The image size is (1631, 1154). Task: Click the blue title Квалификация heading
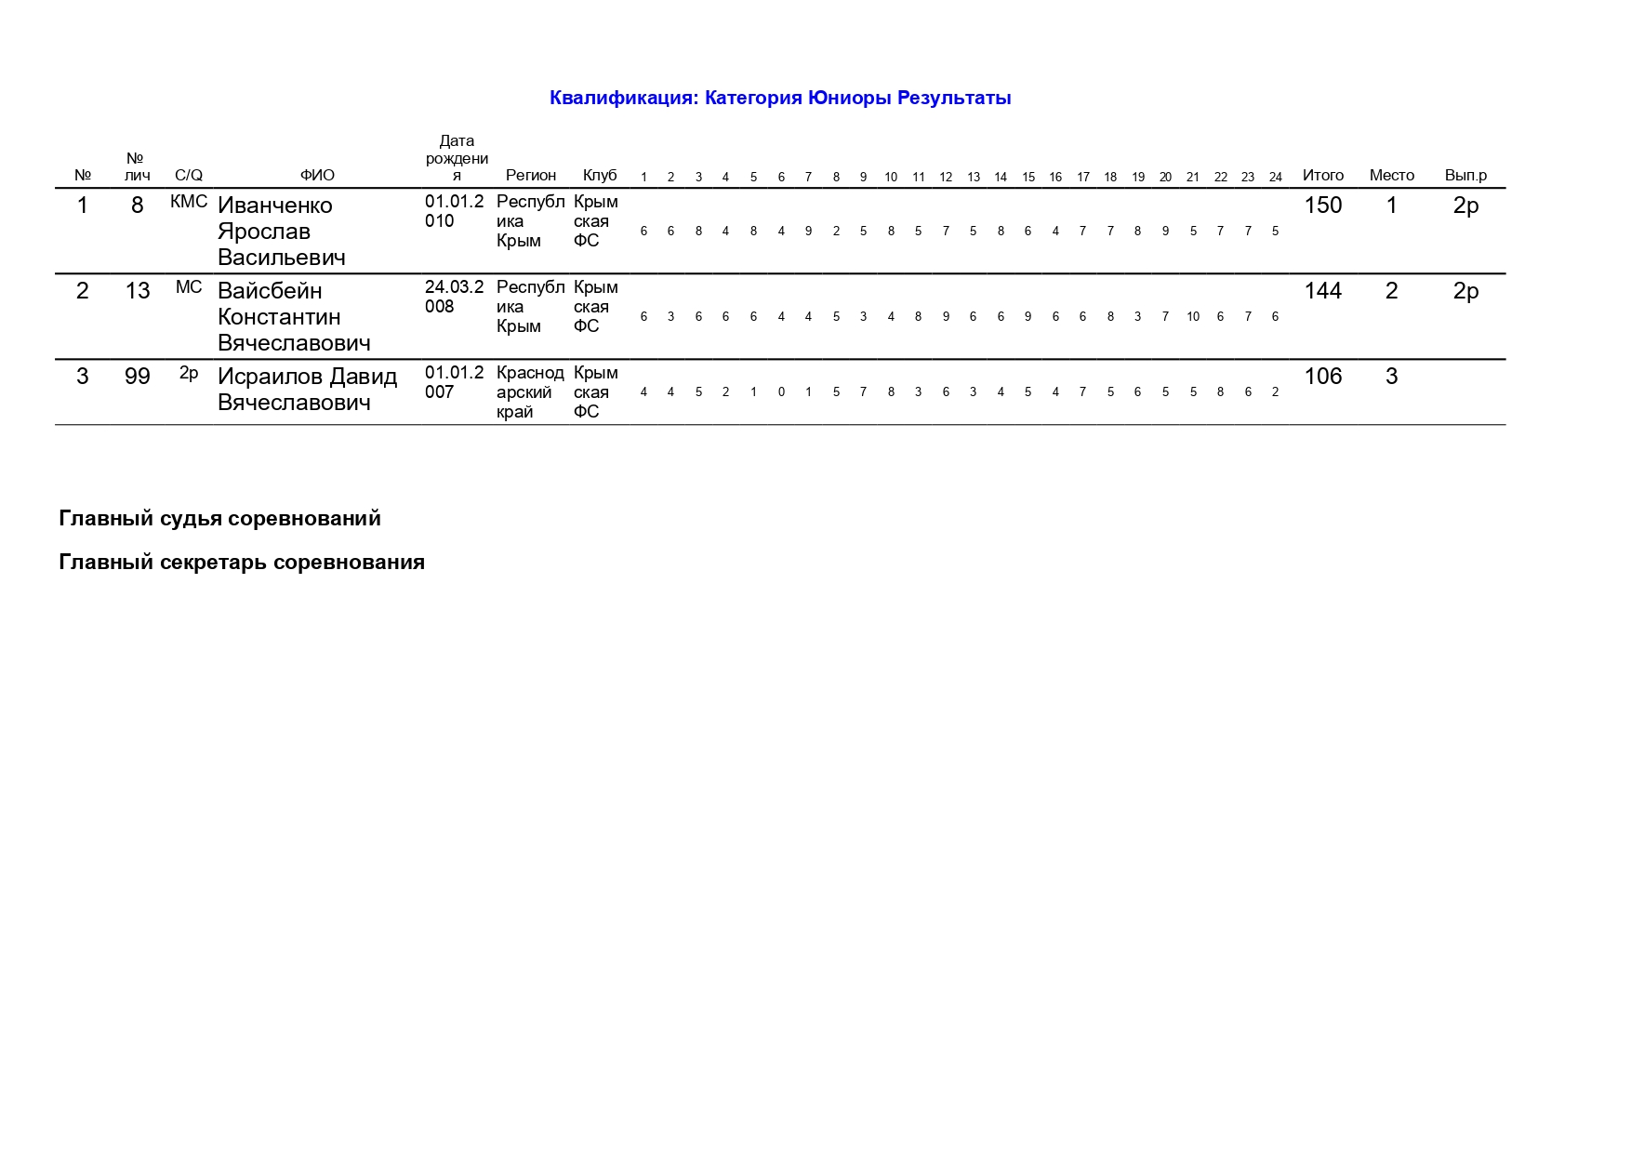[779, 98]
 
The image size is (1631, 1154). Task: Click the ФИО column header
[317, 175]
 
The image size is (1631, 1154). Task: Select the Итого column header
[1322, 175]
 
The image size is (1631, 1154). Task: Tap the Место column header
[1391, 175]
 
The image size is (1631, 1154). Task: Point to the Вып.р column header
[1465, 175]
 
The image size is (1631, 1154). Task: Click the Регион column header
[531, 175]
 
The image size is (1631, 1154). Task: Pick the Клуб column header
[600, 175]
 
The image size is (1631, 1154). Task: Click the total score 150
[1322, 206]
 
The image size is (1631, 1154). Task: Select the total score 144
[1322, 291]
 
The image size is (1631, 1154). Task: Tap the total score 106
[1322, 377]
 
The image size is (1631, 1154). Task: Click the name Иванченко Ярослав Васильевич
[281, 232]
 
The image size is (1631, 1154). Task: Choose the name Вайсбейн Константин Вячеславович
[294, 317]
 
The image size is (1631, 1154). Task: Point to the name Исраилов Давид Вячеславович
[307, 390]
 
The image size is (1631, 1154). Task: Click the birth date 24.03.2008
[454, 297]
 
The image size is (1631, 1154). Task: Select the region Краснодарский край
[530, 392]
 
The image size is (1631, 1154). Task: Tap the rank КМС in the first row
[189, 202]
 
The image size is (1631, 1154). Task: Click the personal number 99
[138, 377]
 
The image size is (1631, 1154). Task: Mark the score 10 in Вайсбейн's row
[1193, 317]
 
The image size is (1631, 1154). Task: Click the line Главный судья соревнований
[219, 518]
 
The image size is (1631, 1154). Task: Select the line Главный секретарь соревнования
[242, 562]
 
